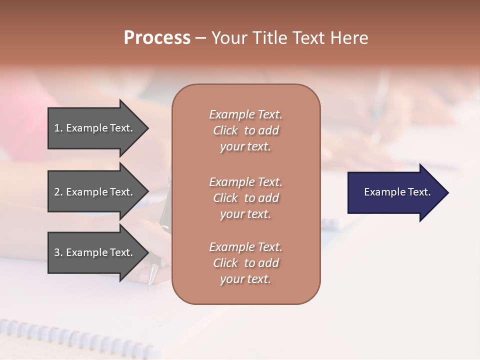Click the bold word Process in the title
[157, 38]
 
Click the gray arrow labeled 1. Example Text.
[95, 128]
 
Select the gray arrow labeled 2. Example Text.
[95, 192]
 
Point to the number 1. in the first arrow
[58, 128]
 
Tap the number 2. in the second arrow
[58, 192]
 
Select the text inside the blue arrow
[397, 192]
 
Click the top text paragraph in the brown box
[245, 130]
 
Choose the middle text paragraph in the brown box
[245, 198]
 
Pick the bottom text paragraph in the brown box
[245, 263]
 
